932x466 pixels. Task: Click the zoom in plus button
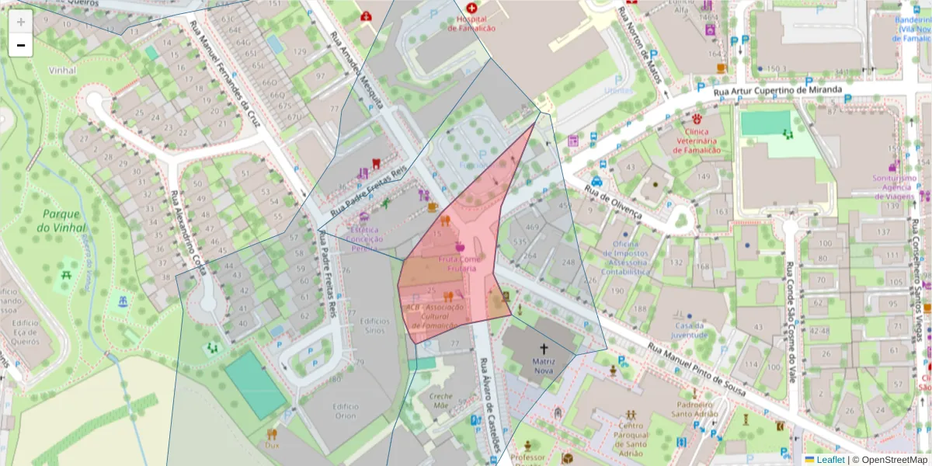coord(21,23)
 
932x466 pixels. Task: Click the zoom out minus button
coord(21,46)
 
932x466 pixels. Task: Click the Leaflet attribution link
coord(830,460)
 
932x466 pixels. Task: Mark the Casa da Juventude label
coord(690,331)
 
